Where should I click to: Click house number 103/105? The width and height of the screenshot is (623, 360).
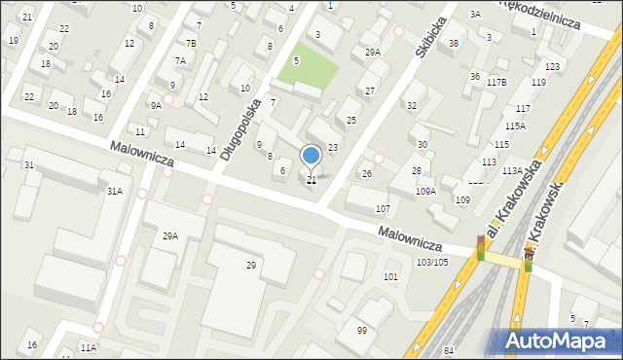point(432,262)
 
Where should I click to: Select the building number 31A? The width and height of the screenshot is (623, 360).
point(115,192)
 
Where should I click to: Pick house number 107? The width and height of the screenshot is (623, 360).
point(384,209)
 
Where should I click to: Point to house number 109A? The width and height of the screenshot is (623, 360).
point(425,192)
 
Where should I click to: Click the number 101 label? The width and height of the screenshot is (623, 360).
point(390,277)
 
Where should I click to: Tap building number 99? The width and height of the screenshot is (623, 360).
point(362,331)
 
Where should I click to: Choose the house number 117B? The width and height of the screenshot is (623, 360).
point(497,83)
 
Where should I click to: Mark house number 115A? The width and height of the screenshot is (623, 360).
point(515,126)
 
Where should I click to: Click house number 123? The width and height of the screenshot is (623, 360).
point(552,66)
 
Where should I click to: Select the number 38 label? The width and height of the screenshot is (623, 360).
point(454,44)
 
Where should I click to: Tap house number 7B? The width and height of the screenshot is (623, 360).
point(192,44)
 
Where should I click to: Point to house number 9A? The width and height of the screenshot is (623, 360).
point(156,105)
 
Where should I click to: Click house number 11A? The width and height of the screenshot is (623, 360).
point(89,347)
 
